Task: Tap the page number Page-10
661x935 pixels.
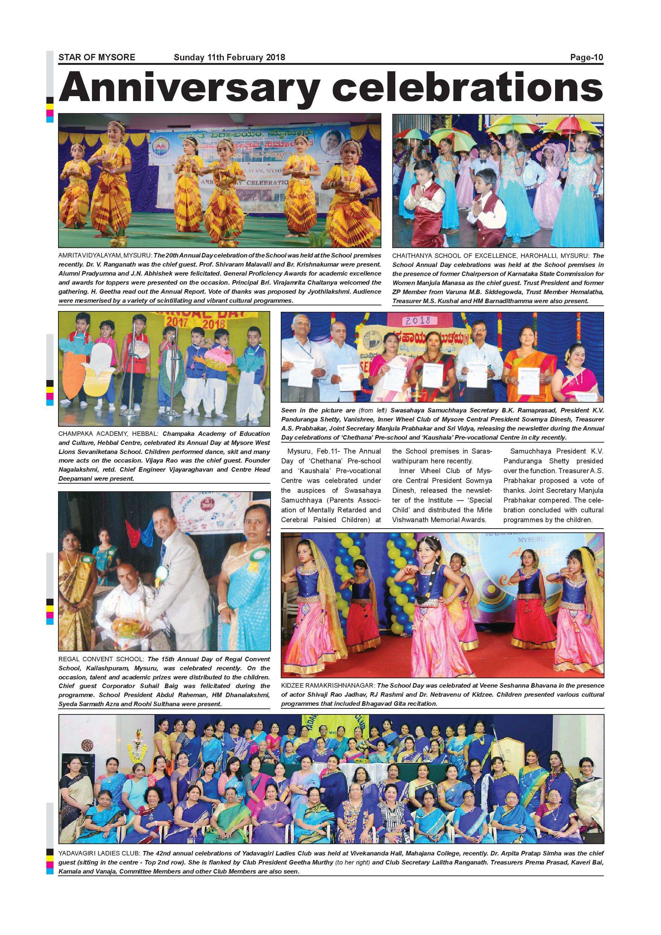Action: click(x=586, y=57)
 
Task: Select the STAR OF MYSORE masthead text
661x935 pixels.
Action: click(x=96, y=57)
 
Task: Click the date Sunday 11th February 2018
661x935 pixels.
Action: click(x=229, y=57)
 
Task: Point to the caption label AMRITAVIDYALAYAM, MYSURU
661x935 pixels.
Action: click(x=105, y=255)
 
